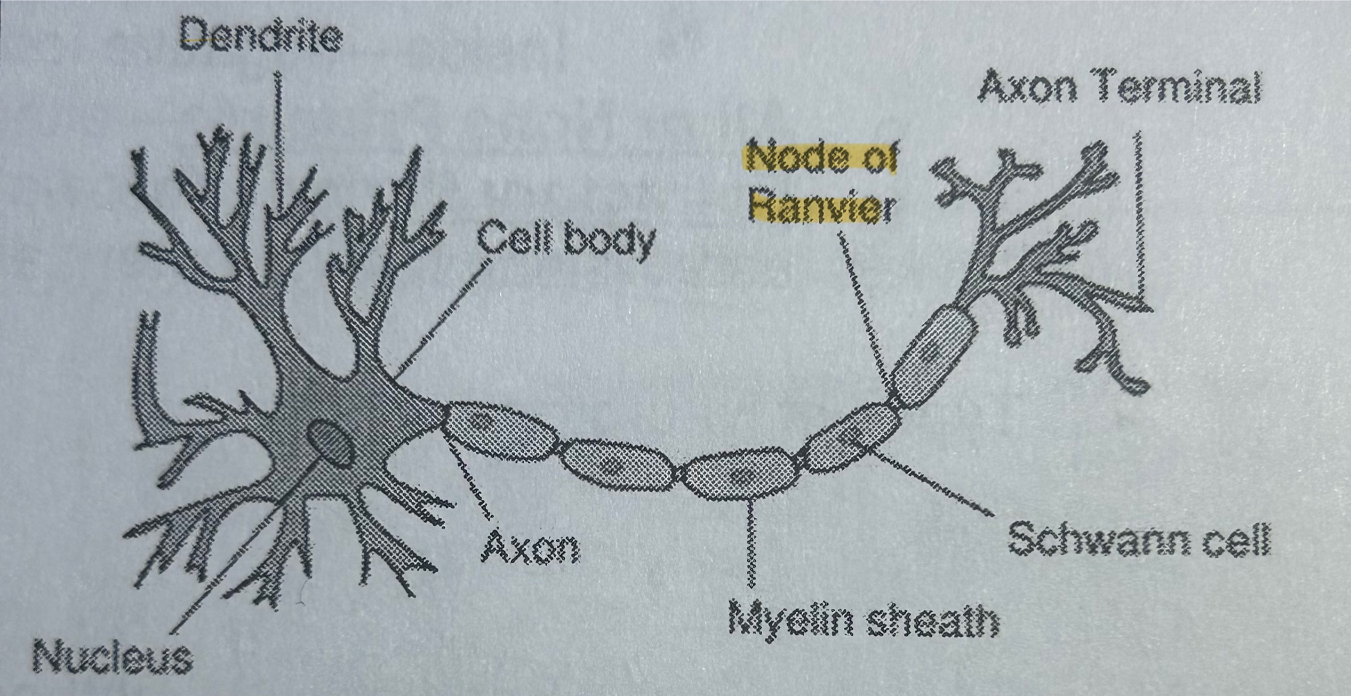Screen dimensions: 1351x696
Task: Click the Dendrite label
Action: [261, 36]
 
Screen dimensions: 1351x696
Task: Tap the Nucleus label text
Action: [113, 657]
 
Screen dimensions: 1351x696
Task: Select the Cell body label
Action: [566, 241]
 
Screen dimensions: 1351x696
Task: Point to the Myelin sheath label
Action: [863, 621]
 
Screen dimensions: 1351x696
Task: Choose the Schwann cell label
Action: [1139, 540]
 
